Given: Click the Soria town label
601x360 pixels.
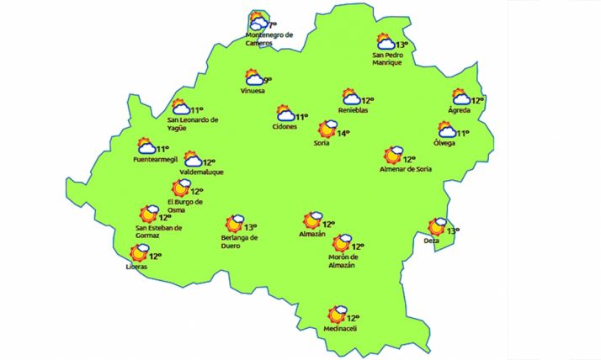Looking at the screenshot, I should (x=321, y=144).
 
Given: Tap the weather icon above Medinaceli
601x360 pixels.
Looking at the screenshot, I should (x=338, y=315).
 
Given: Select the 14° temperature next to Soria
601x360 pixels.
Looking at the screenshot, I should (x=343, y=133).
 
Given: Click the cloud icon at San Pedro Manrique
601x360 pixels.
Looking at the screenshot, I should (x=386, y=42).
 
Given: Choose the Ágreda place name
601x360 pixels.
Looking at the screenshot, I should (x=460, y=110).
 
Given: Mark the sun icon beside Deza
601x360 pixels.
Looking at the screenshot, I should (x=437, y=226).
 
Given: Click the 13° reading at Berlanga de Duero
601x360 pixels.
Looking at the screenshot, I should (x=250, y=226).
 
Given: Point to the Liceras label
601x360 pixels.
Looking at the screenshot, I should (x=136, y=267).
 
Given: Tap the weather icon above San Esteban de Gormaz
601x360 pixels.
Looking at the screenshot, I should (x=150, y=214).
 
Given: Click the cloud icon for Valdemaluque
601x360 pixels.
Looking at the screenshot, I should (x=193, y=160).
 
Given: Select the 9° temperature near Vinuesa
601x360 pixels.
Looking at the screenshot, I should (x=268, y=80).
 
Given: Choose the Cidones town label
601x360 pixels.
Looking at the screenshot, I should (x=285, y=127).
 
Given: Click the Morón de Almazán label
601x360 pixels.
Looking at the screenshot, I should (x=342, y=261).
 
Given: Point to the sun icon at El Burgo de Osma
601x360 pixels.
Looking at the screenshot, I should (x=180, y=188).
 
